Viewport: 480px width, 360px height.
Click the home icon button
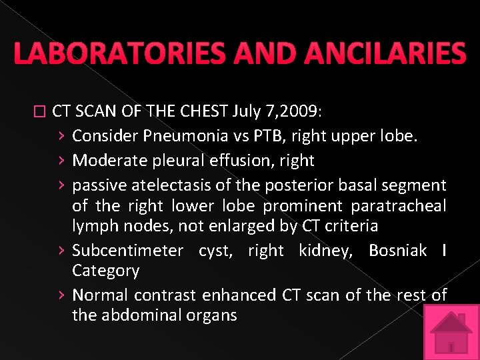point(451,331)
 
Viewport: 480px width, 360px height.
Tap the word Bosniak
point(397,250)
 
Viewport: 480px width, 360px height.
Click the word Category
point(105,271)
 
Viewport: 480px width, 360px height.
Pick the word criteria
point(351,227)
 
